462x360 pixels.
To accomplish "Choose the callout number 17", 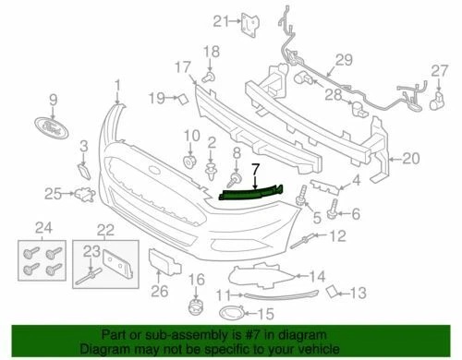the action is [x=181, y=66].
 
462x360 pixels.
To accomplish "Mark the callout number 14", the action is [x=316, y=274].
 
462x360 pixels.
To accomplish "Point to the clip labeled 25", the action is [x=86, y=193].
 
